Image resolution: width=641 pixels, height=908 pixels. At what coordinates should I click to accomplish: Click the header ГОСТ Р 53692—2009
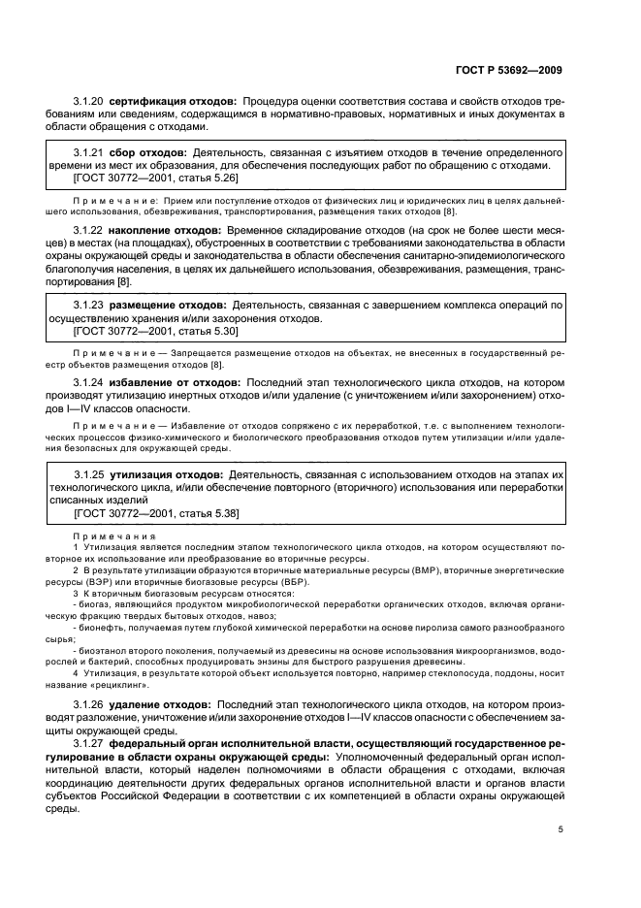513,70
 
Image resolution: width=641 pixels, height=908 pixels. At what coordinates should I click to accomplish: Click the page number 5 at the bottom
561,829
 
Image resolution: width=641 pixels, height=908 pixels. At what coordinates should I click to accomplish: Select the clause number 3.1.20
89,102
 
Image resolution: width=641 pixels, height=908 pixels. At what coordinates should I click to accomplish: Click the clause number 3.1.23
89,306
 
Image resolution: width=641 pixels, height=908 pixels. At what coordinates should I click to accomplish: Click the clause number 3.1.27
89,742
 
